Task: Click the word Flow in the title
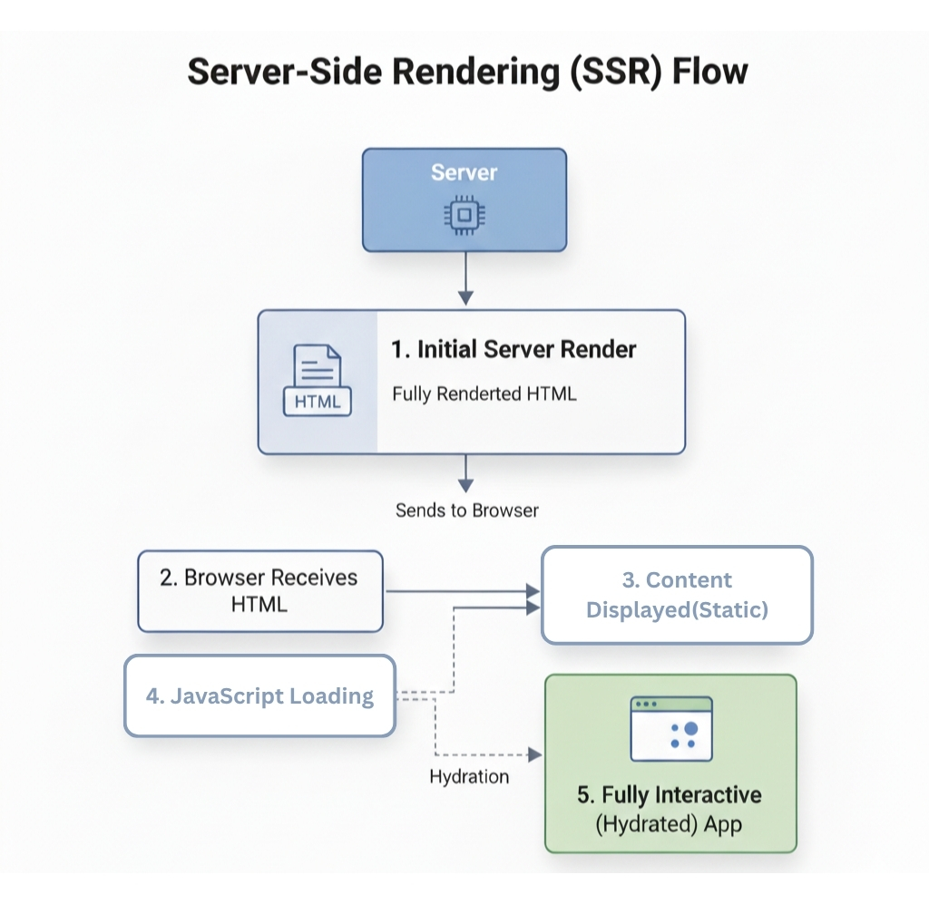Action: click(x=709, y=71)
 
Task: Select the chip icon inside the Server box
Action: click(x=464, y=214)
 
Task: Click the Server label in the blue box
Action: click(x=464, y=172)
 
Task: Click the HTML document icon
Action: click(x=318, y=381)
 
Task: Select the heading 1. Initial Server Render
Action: click(x=513, y=349)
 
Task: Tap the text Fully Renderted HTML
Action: click(x=484, y=394)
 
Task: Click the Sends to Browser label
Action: click(x=466, y=510)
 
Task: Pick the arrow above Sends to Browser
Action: click(x=465, y=473)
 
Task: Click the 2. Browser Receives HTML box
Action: click(x=259, y=590)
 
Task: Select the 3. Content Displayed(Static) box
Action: click(x=676, y=595)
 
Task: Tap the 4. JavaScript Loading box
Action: click(x=259, y=696)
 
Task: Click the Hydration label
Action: click(x=469, y=777)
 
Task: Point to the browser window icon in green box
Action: click(x=670, y=728)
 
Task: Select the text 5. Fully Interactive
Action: click(x=670, y=795)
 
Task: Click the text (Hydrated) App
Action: click(x=669, y=824)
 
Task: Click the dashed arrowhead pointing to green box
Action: click(x=534, y=754)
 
